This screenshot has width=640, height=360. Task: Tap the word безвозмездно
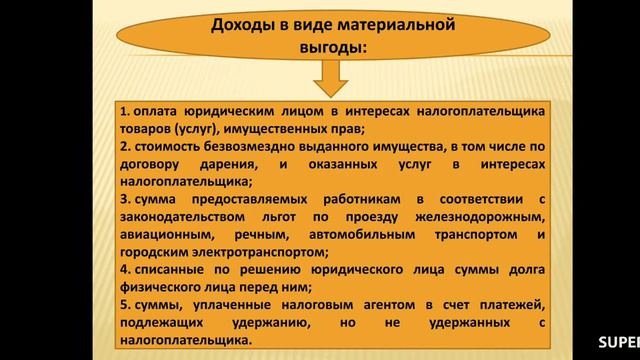coord(254,146)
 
